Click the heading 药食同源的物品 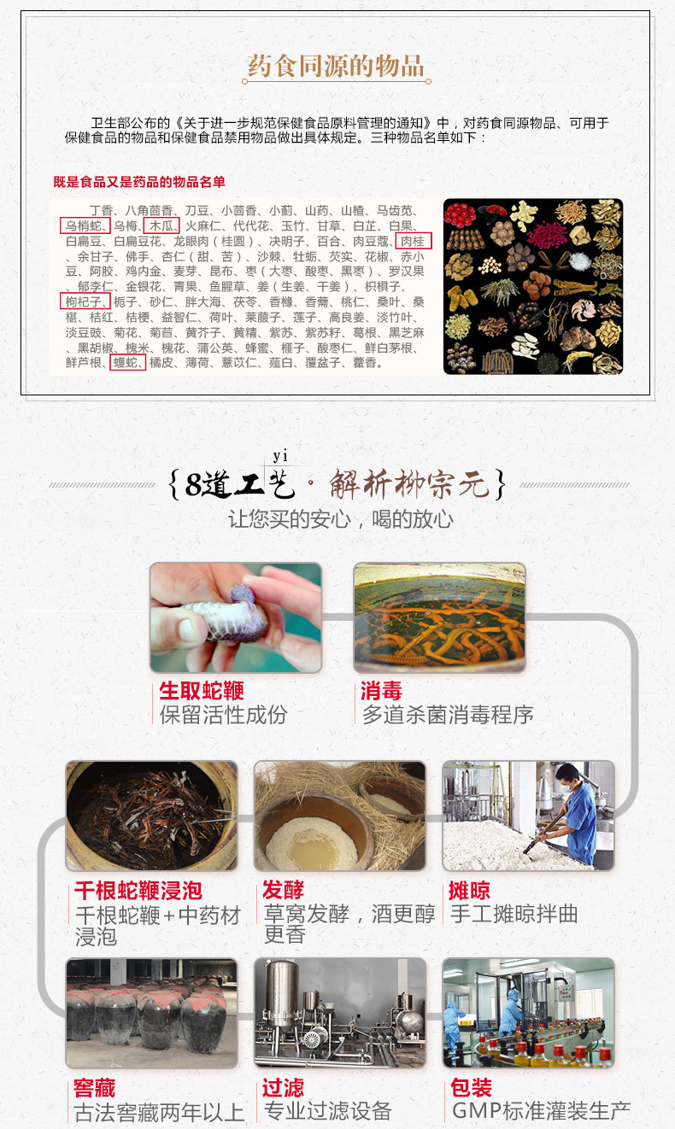[336, 66]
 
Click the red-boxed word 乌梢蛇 [85, 225]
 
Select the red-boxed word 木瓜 [161, 225]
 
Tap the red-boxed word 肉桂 [414, 242]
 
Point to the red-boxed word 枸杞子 [85, 301]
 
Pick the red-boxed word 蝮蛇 [127, 362]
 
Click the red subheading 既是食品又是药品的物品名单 [139, 182]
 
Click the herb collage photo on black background [533, 286]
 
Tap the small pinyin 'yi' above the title [280, 456]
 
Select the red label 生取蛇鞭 [202, 691]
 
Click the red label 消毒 [381, 691]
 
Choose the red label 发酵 [284, 890]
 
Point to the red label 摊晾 [469, 891]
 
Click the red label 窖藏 [95, 1088]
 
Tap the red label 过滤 [284, 1088]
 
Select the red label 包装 [472, 1087]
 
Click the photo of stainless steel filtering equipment [340, 1013]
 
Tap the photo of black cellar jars [152, 1013]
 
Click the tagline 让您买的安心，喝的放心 [341, 519]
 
